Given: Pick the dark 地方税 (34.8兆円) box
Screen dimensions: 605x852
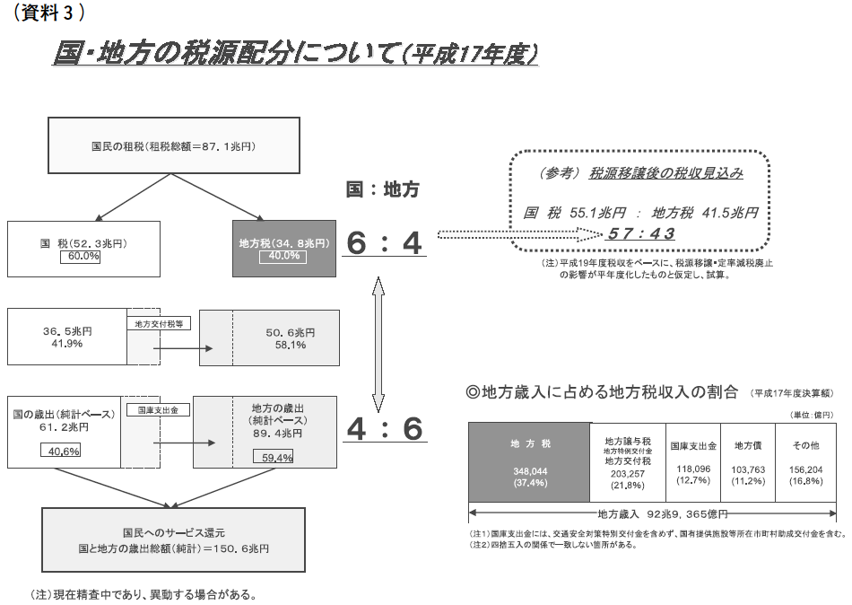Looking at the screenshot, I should coord(283,248).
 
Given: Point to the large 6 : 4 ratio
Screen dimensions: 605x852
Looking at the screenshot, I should coord(384,243).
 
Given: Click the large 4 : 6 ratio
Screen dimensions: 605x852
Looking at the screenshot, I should coord(384,429).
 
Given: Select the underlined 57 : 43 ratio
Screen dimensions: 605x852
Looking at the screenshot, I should coord(640,233).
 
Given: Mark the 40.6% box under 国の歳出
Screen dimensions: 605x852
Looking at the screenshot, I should coord(60,451).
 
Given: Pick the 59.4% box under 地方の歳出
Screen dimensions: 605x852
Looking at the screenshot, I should coord(278,458).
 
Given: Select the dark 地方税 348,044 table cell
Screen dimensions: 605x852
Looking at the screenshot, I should coord(528,462).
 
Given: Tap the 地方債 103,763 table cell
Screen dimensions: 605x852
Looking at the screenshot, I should coord(749,462).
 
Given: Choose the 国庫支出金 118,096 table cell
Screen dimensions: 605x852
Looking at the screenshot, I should coord(692,462).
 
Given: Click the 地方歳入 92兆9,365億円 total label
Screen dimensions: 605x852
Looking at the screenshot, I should coord(661,514).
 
